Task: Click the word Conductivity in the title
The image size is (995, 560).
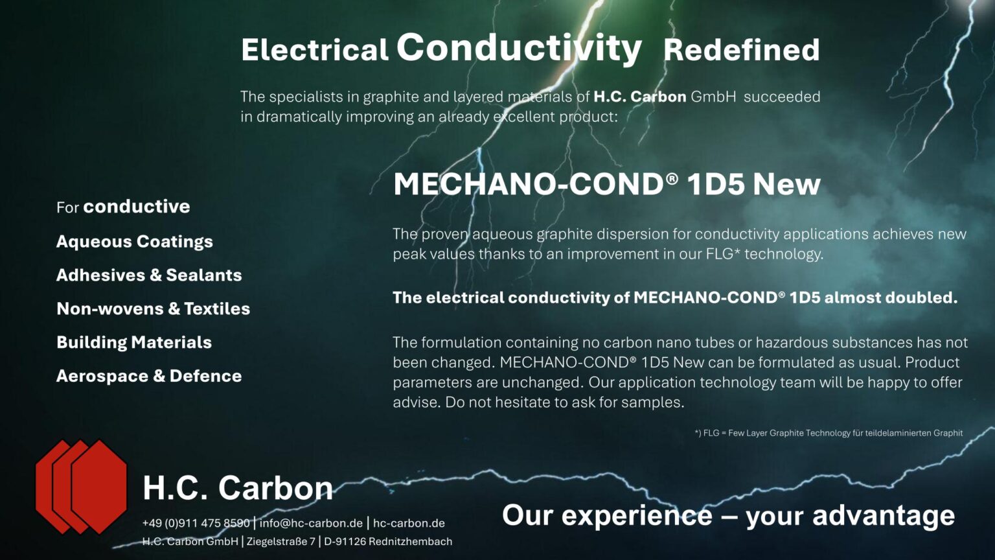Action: pyautogui.click(x=518, y=48)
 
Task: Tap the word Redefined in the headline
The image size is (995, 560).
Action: pyautogui.click(x=741, y=50)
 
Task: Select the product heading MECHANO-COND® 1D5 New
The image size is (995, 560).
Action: pyautogui.click(x=606, y=184)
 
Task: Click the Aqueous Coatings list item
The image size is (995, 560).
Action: pyautogui.click(x=135, y=242)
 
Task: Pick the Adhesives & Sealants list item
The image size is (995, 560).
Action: pyautogui.click(x=149, y=275)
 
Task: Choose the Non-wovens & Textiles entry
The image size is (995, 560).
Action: pyautogui.click(x=153, y=309)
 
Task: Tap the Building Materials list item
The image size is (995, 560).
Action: pyautogui.click(x=134, y=343)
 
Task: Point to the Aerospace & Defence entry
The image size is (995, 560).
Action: pyautogui.click(x=149, y=377)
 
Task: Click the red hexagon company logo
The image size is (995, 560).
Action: pyautogui.click(x=81, y=487)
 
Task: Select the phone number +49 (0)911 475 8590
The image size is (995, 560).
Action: pyautogui.click(x=196, y=524)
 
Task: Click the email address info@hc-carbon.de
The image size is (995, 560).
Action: pyautogui.click(x=311, y=524)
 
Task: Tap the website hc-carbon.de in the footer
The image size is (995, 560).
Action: pyautogui.click(x=409, y=524)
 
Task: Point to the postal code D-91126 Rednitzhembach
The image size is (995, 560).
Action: pyautogui.click(x=388, y=542)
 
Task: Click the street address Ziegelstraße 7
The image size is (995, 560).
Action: pyautogui.click(x=280, y=542)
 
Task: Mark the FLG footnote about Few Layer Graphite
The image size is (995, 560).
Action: pyautogui.click(x=829, y=433)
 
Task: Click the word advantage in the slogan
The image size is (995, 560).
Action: pyautogui.click(x=883, y=516)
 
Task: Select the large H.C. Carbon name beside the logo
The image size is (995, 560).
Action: pyautogui.click(x=238, y=488)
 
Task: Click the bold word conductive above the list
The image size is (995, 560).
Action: pyautogui.click(x=137, y=207)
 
